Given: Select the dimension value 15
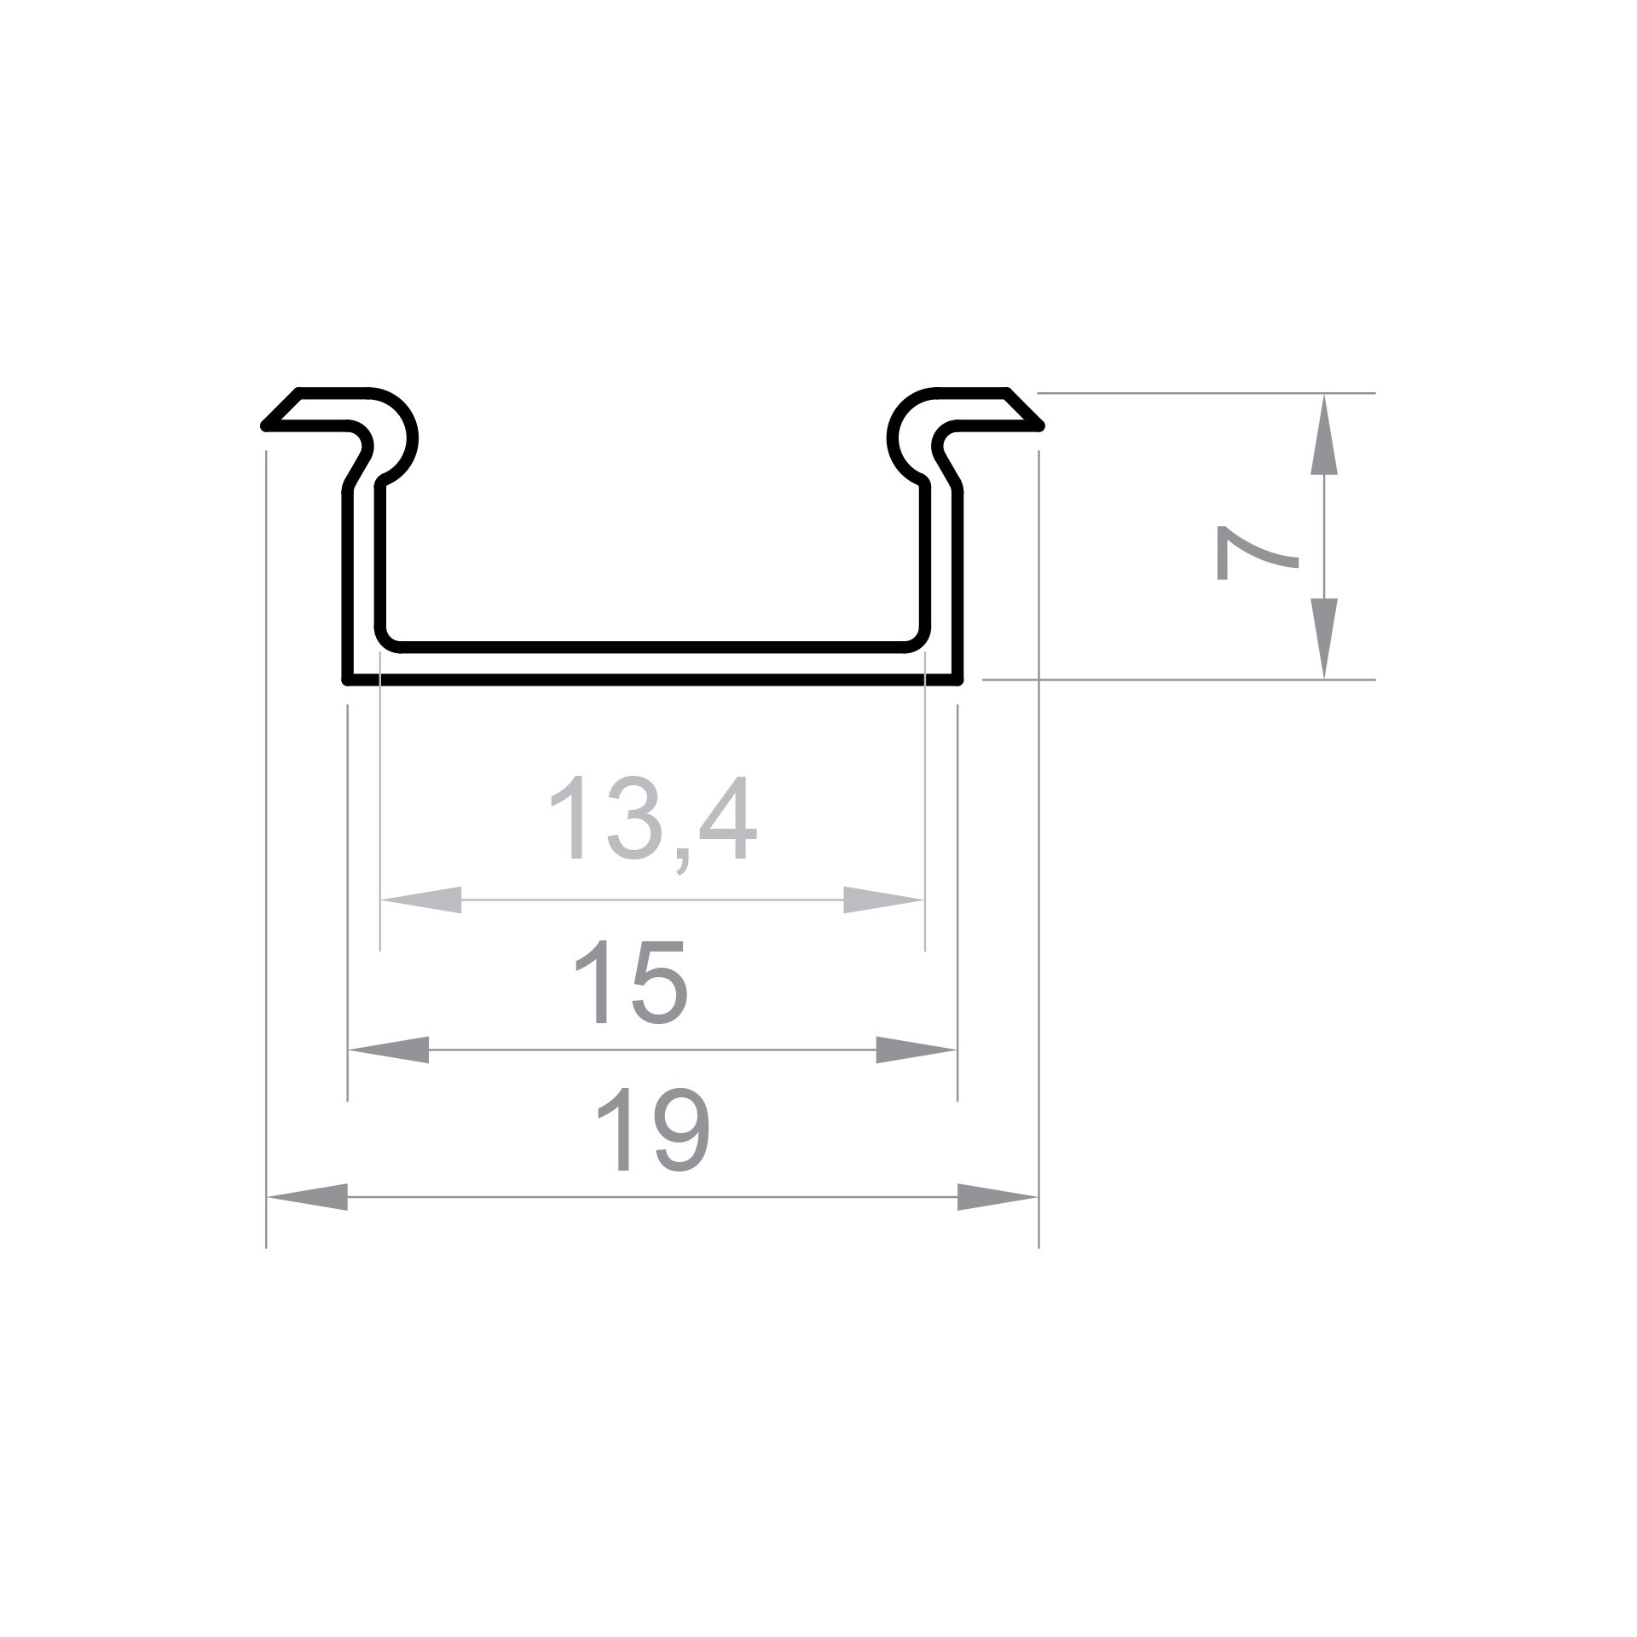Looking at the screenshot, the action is tap(631, 981).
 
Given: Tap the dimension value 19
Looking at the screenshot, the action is tap(652, 1128).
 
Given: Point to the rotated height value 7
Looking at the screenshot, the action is tap(1256, 552).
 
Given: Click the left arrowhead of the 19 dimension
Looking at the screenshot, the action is tap(308, 1197).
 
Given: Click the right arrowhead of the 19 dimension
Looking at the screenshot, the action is tap(998, 1197).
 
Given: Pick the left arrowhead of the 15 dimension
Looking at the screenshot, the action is tap(389, 1050).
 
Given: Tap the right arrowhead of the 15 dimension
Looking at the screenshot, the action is tap(917, 1050).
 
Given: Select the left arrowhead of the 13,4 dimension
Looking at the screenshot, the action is tap(421, 899).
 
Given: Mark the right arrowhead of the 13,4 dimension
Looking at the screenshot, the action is tap(884, 899).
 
